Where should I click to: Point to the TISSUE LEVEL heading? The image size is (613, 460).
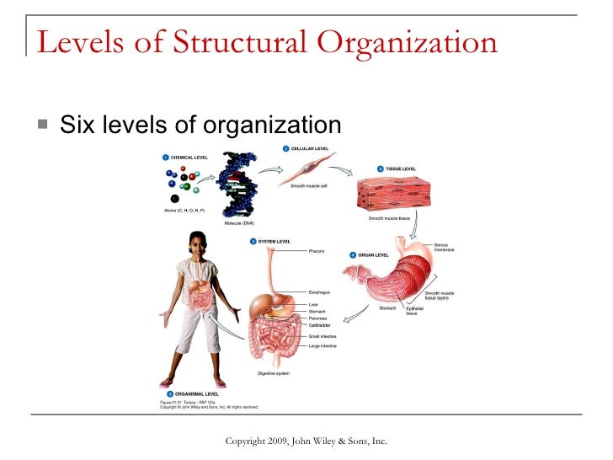point(402,168)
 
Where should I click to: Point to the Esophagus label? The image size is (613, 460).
point(319,292)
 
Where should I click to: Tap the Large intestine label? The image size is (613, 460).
point(324,345)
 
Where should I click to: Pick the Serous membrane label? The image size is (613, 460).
point(445,246)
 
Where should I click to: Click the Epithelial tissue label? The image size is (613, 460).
point(414,311)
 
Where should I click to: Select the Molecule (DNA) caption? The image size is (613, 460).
point(238,223)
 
